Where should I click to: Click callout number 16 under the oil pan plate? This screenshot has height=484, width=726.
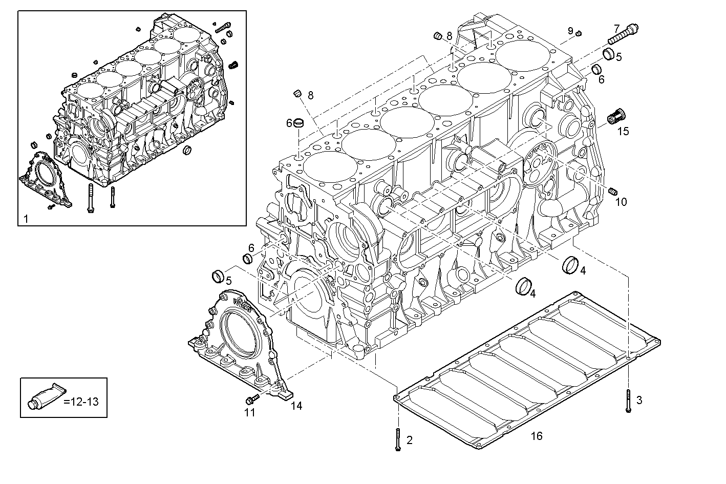pos(536,436)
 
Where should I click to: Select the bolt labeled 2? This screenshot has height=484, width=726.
pos(398,439)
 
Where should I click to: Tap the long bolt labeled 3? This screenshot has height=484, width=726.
pos(628,400)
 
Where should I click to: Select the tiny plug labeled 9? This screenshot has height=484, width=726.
pos(579,34)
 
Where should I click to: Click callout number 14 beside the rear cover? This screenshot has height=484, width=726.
pos(296,406)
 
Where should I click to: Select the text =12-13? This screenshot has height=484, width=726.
pos(81,401)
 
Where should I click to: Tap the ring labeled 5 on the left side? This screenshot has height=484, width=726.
pos(219,276)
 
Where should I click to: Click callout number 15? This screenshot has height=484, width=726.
pos(623,131)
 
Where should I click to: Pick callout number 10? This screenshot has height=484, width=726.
pos(621,202)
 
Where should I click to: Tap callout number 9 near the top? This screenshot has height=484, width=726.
pos(570,31)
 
